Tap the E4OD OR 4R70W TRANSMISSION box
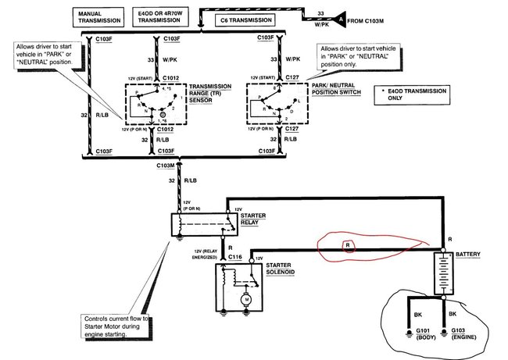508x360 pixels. pyautogui.click(x=162, y=16)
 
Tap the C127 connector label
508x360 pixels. pyautogui.click(x=292, y=77)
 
